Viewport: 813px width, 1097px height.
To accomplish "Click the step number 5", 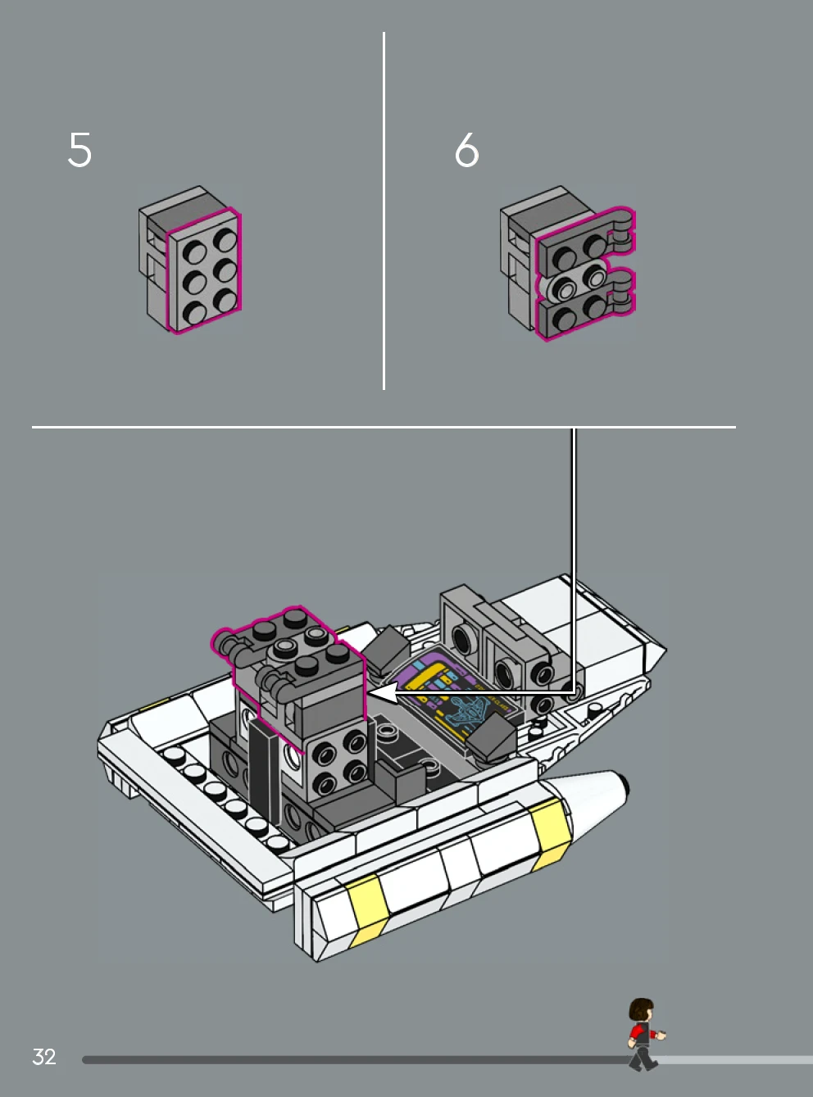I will [x=79, y=150].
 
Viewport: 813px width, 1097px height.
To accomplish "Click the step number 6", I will [x=466, y=150].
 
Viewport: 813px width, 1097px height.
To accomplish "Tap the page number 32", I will [x=44, y=1057].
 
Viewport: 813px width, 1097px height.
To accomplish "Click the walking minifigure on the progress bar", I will [x=643, y=1034].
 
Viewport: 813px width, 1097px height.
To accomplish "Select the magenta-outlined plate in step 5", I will [x=205, y=270].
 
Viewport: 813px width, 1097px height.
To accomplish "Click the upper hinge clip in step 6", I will [x=622, y=229].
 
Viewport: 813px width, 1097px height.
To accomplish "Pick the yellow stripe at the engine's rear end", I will [x=368, y=908].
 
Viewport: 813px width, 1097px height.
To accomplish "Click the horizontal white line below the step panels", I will [x=384, y=427].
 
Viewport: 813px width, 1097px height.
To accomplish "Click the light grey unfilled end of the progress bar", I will [x=738, y=1059].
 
